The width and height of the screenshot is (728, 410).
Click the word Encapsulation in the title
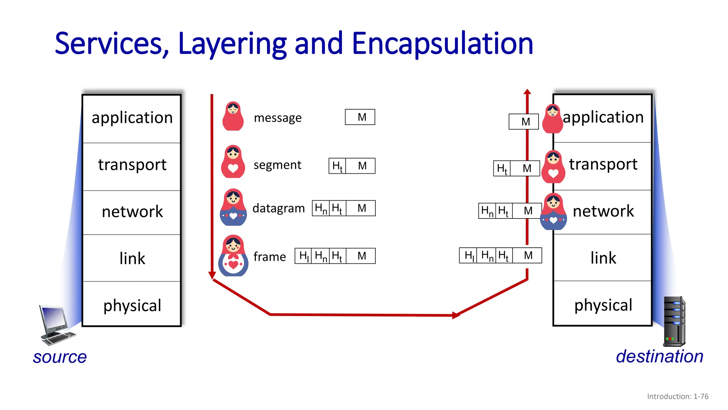[x=442, y=44]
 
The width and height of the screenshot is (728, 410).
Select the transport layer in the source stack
[x=132, y=165]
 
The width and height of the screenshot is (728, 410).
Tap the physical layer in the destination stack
[x=603, y=305]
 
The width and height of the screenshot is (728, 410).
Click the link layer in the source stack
[x=132, y=258]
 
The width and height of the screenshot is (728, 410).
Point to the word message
[x=278, y=118]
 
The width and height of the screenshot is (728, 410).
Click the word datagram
[x=278, y=208]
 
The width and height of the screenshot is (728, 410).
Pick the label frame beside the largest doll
[x=269, y=257]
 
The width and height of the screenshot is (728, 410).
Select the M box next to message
[x=360, y=117]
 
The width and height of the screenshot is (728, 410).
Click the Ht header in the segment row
[x=337, y=166]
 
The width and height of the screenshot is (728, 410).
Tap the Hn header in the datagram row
[x=321, y=209]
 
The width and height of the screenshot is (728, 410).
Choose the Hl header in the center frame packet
[x=304, y=256]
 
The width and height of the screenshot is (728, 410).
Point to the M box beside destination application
[x=524, y=122]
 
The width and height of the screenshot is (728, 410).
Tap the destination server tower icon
[x=674, y=321]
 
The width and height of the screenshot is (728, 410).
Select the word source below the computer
[x=60, y=357]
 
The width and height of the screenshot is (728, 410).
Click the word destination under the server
[x=659, y=357]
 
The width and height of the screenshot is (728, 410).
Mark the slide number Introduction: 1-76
[x=678, y=396]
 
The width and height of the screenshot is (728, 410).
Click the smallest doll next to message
[x=233, y=116]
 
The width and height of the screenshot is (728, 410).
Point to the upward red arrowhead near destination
[x=527, y=92]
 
